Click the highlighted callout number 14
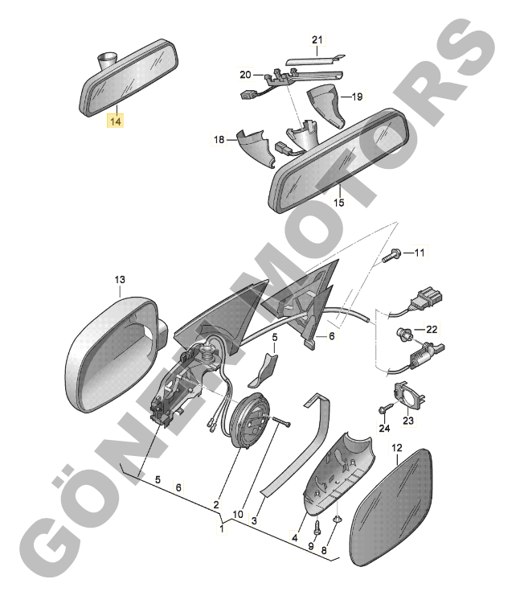[x=116, y=121]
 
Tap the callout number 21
[x=317, y=39]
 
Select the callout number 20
[x=245, y=74]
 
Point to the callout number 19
[x=358, y=97]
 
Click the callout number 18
[x=219, y=139]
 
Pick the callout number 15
[x=338, y=202]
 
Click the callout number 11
[x=419, y=253]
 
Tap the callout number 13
[x=120, y=279]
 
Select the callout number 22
[x=432, y=330]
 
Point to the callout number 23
[x=408, y=421]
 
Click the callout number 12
[x=397, y=448]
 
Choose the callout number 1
[x=221, y=528]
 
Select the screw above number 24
[x=386, y=409]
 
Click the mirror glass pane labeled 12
[x=391, y=507]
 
